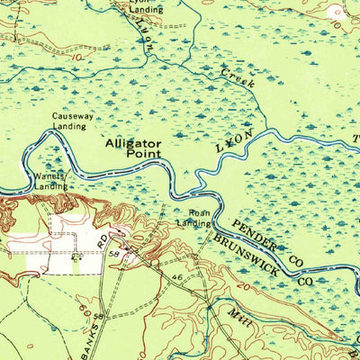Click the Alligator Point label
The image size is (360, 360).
pos(132,148)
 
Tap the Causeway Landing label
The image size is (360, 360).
pos(70,121)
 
